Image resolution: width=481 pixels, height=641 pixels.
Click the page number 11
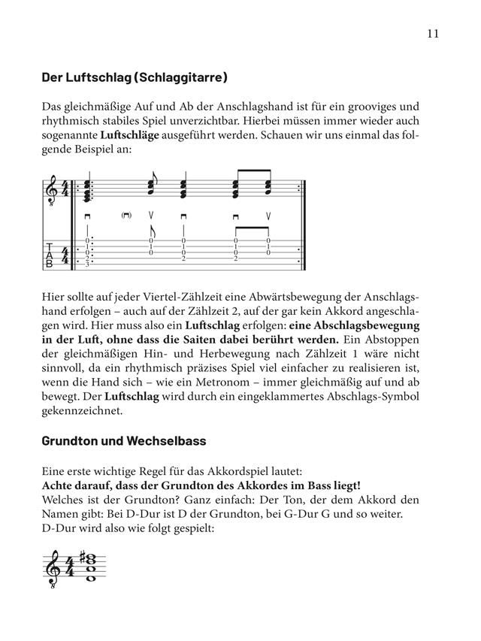431,33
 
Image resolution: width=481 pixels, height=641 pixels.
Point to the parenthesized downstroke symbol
126,216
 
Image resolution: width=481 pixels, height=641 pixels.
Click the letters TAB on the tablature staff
50,255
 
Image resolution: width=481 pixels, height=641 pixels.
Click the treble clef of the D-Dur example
54,574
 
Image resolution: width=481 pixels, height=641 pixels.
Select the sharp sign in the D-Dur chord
82,559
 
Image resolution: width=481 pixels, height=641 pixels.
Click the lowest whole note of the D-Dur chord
91,579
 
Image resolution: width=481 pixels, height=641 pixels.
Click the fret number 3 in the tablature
88,264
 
